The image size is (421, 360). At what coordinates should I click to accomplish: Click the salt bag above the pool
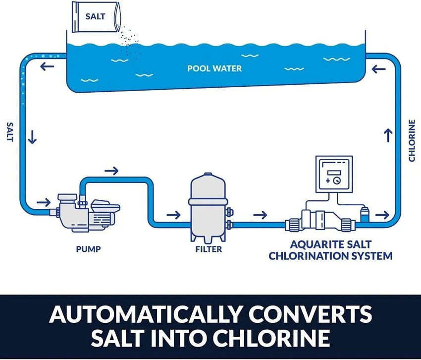(x=95, y=17)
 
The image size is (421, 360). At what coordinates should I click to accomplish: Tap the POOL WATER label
(x=214, y=68)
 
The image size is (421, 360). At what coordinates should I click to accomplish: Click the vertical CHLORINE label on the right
(x=412, y=140)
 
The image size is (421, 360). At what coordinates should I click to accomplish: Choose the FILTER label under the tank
(x=209, y=249)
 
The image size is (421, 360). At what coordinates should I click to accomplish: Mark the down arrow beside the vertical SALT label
(x=33, y=137)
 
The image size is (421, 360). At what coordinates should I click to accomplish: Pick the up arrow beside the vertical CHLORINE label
(x=388, y=134)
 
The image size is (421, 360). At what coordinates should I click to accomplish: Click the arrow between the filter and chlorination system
(x=260, y=215)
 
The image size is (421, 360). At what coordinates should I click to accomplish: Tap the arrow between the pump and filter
(x=173, y=215)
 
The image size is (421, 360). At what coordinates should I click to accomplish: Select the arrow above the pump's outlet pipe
(x=112, y=171)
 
